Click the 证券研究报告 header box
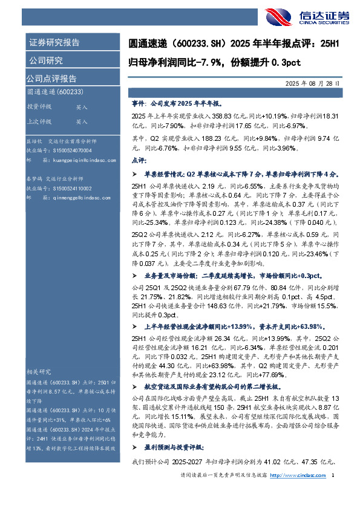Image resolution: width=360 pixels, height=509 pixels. [54, 42]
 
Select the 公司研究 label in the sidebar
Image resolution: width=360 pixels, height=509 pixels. [45, 60]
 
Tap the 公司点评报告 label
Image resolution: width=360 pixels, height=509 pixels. [51, 79]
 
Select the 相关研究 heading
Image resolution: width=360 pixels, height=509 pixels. [38, 371]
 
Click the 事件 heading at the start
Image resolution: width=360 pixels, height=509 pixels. [139, 103]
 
